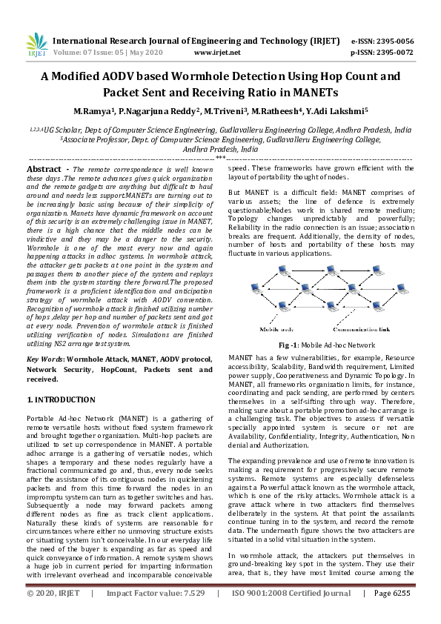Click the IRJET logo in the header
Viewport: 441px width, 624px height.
pyautogui.click(x=34, y=46)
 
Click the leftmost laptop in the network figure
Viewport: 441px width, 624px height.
pyautogui.click(x=252, y=287)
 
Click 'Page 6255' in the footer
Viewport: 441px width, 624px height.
pyautogui.click(x=391, y=614)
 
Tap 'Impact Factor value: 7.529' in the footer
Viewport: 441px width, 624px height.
pyautogui.click(x=155, y=614)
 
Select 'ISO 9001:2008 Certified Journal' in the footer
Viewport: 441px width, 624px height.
pyautogui.click(x=291, y=614)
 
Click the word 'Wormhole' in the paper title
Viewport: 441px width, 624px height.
pyautogui.click(x=219, y=76)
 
